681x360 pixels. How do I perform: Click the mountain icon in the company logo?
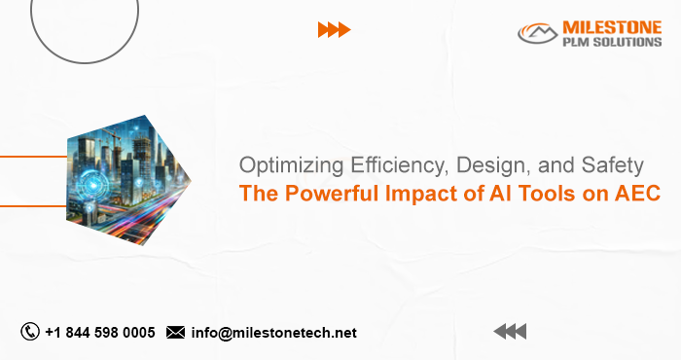[533, 34]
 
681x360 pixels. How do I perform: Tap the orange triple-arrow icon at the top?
[334, 30]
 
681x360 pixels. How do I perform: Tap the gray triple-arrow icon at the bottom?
[509, 332]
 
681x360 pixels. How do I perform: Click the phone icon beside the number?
[30, 332]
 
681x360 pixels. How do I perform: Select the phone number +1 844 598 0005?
[99, 332]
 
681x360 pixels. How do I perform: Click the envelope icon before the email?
[176, 333]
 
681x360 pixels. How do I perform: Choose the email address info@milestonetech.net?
[274, 333]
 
